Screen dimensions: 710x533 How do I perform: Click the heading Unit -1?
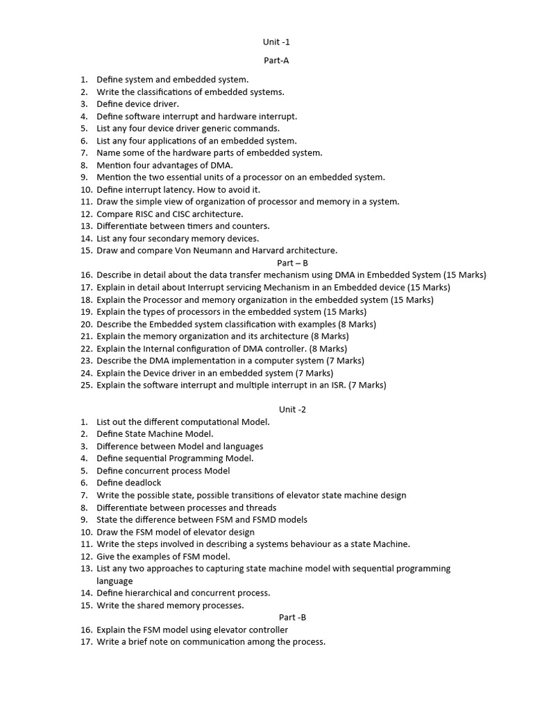(x=276, y=42)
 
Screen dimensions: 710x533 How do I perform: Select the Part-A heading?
(x=276, y=60)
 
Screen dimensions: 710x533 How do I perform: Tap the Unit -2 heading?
(x=292, y=409)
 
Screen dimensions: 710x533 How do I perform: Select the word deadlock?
(x=142, y=483)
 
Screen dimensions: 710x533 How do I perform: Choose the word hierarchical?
(x=155, y=593)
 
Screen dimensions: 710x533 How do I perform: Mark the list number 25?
(x=86, y=385)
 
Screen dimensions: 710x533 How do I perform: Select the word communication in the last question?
(x=202, y=641)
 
